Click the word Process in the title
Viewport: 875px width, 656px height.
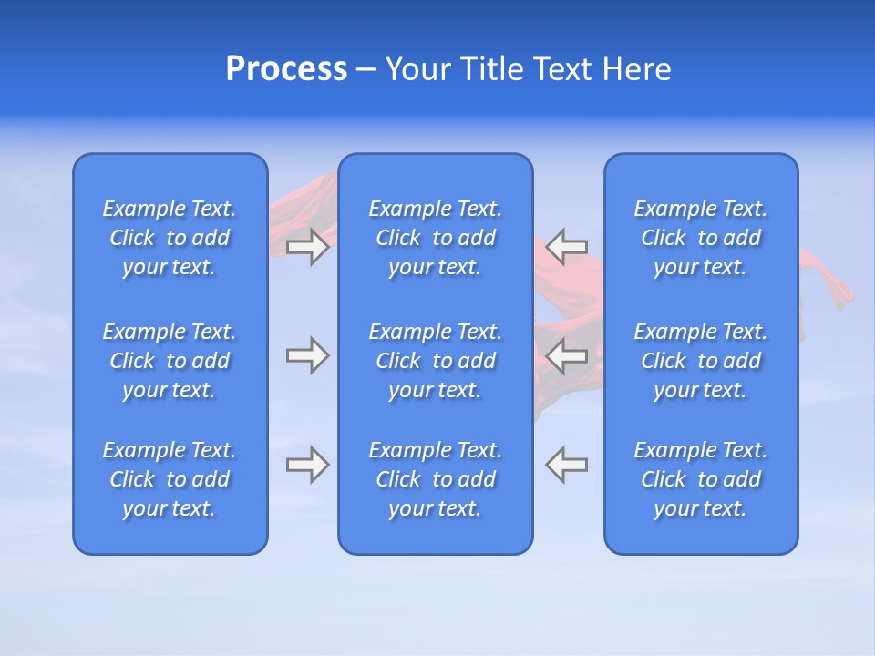pos(286,69)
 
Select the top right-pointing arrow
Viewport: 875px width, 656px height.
pos(307,246)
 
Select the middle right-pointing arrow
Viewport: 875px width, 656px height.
pos(307,354)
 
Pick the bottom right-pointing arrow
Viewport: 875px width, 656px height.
pos(307,465)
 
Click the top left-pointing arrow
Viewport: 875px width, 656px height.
pos(567,246)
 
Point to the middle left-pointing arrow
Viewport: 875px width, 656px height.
pos(567,354)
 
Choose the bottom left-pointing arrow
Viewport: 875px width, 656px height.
pos(567,465)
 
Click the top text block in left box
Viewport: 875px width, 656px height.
pos(170,238)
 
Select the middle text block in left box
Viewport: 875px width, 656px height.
pos(170,361)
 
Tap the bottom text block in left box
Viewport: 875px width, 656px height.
pos(170,479)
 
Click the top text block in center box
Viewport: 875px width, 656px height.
pos(435,238)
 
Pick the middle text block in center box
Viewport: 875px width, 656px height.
pos(435,361)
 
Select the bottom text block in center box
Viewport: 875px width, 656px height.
pos(435,479)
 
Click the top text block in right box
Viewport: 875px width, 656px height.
pos(701,238)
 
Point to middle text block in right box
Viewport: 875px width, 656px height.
pos(701,361)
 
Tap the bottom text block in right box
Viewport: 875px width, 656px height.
pos(701,479)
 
